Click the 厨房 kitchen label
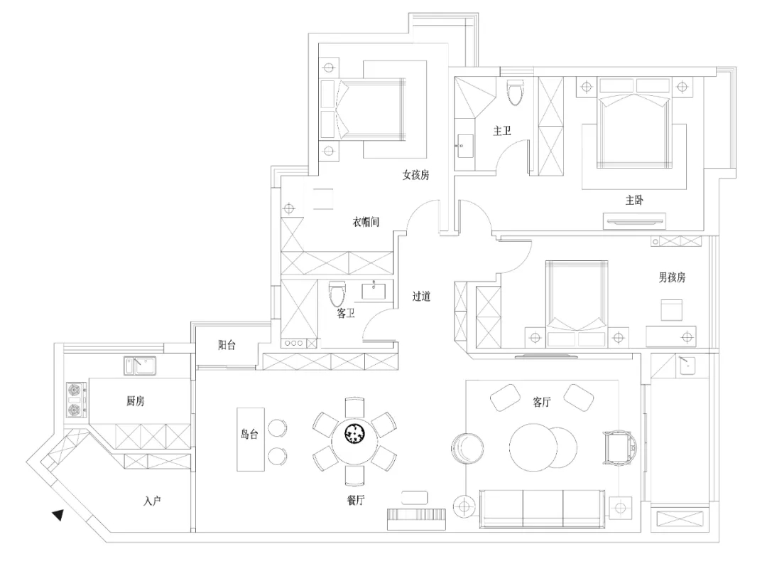coord(136,401)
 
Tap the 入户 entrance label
coord(152,501)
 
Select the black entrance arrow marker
coord(58,514)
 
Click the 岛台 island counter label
coord(249,434)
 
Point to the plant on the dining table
coord(354,433)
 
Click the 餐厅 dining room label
coord(356,500)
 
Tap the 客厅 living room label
coord(542,403)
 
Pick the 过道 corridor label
coord(421,296)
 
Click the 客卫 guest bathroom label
coord(345,313)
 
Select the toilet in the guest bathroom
coord(337,293)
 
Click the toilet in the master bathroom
coord(515,92)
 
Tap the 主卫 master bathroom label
coord(502,131)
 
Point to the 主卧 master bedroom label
coord(634,200)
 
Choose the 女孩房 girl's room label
coord(415,175)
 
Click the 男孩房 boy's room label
coord(672,277)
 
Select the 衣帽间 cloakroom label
coord(366,222)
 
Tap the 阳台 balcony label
coord(227,345)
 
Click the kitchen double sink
coord(140,366)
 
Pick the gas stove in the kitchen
coord(77,400)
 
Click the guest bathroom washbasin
coord(374,291)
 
